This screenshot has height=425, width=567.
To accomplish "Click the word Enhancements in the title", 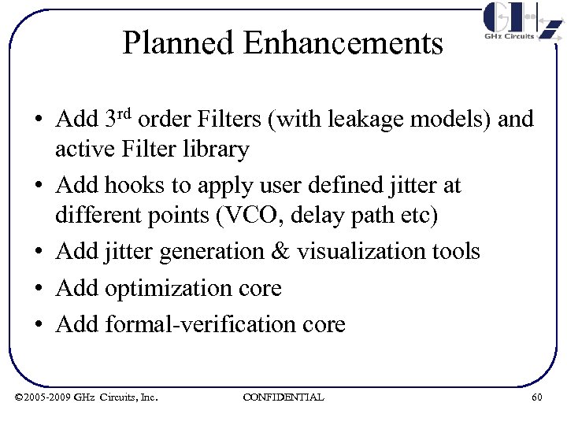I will (x=343, y=42).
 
